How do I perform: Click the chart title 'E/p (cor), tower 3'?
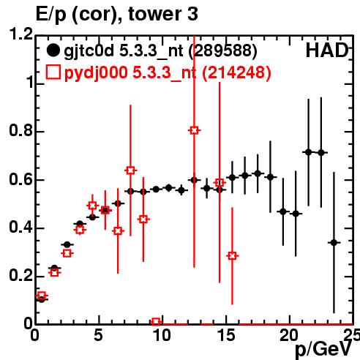[116, 14]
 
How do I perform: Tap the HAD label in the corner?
[327, 50]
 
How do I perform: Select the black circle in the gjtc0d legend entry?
[53, 50]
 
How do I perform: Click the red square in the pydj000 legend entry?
[53, 72]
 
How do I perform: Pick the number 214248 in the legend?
[236, 72]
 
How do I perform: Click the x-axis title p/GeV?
[323, 349]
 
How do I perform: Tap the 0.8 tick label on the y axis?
[20, 130]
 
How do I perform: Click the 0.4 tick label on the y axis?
[20, 227]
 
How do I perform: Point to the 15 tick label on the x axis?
[227, 335]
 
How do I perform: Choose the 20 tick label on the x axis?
[289, 335]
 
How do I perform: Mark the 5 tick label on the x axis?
[98, 335]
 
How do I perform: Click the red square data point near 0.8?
[194, 130]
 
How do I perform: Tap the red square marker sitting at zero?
[156, 322]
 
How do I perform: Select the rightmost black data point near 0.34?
[334, 243]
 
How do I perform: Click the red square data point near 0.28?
[232, 255]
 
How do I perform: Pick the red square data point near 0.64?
[130, 170]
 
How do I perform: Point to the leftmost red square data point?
[42, 296]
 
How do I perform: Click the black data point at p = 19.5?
[283, 211]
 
